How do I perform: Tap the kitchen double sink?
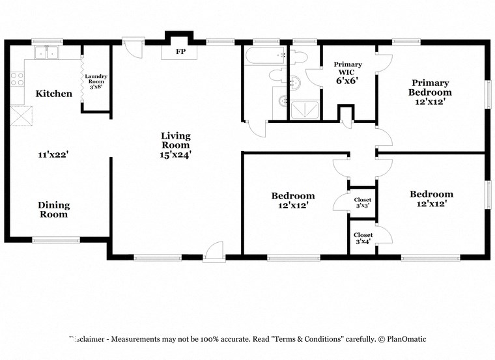[46, 53]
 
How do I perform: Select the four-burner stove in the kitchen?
[18, 79]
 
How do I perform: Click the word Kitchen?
[54, 94]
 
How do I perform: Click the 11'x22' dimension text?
[53, 155]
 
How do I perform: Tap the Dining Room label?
[54, 210]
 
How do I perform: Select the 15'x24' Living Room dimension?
[176, 155]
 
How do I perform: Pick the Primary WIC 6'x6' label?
[348, 73]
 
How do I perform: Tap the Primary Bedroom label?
[430, 87]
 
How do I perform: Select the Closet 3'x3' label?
[363, 203]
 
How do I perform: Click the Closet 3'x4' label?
[363, 238]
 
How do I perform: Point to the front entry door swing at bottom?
[214, 251]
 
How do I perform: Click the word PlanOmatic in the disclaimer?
[406, 339]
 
